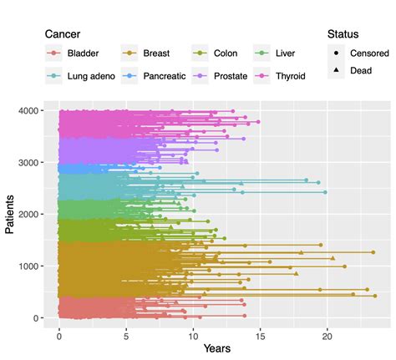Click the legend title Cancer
(63, 35)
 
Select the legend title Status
(343, 35)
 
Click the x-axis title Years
(217, 347)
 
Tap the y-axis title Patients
(11, 215)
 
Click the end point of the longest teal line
(325, 192)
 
